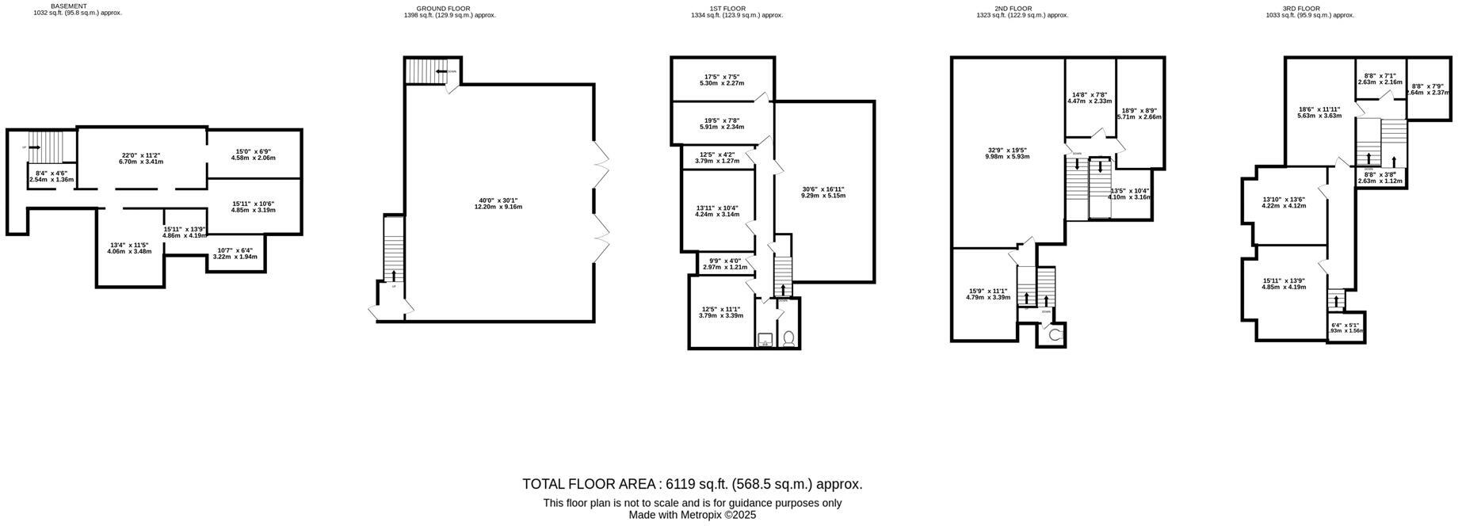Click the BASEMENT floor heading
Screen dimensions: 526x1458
(69, 6)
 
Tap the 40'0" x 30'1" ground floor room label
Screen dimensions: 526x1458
(498, 203)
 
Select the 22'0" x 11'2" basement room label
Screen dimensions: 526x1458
(141, 158)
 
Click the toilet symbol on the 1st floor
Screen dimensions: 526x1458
(788, 339)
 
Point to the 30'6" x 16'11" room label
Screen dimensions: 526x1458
(824, 192)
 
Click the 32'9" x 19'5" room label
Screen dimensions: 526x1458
(1007, 153)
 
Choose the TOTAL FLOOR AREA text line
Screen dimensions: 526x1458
(692, 484)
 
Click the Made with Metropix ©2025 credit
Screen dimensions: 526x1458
(692, 515)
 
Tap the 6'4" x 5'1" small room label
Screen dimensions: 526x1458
(1345, 328)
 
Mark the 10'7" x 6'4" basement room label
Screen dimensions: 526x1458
(235, 253)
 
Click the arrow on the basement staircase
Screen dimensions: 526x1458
(33, 147)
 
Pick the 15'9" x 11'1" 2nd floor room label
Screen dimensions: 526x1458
(988, 294)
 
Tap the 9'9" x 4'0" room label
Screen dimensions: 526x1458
(724, 264)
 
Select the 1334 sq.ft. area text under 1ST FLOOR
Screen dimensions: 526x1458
(736, 15)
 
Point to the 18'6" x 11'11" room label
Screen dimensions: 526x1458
(1319, 112)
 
